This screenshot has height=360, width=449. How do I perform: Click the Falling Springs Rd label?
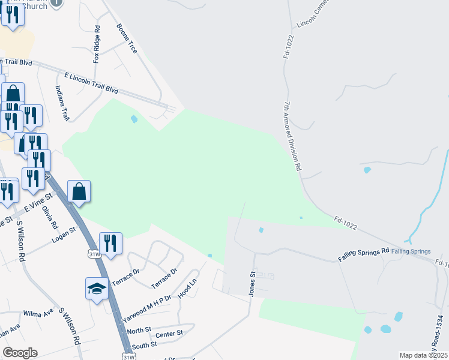[x=364, y=254]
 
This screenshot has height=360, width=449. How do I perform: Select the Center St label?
[x=169, y=334]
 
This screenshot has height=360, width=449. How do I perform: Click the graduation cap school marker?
[x=97, y=289]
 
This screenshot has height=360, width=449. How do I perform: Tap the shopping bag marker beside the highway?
[x=79, y=191]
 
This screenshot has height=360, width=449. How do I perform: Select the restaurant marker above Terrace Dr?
[x=110, y=243]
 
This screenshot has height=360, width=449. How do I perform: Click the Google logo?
[x=20, y=353]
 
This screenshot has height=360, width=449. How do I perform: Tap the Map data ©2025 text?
[x=423, y=355]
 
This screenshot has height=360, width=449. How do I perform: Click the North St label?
[x=139, y=331]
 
